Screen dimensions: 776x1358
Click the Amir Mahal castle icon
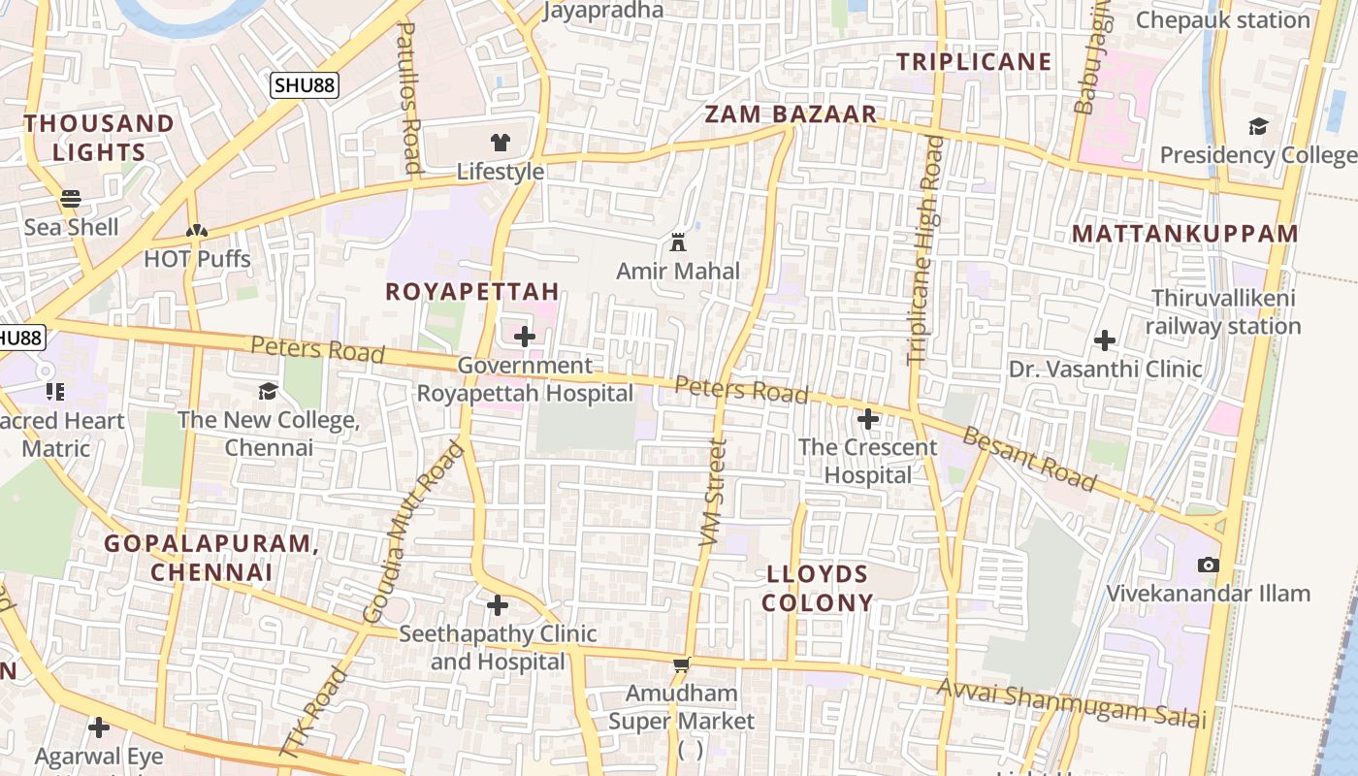tap(678, 242)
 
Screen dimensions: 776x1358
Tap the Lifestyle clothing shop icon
tap(500, 143)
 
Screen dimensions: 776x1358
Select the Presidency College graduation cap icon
tap(1258, 126)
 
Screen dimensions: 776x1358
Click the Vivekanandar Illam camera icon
tap(1208, 565)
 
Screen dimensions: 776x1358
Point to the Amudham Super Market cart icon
tap(682, 664)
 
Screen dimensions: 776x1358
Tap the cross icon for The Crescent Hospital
tap(868, 419)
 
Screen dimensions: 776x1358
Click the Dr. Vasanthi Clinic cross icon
tap(1104, 340)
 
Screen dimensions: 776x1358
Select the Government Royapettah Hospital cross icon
tap(525, 337)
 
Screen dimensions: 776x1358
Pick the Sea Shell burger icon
tap(71, 199)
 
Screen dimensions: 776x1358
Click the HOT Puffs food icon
tap(197, 231)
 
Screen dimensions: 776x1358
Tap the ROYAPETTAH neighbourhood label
tap(472, 291)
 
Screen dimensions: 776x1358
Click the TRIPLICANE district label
tap(974, 62)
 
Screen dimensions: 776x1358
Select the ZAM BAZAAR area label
tap(791, 114)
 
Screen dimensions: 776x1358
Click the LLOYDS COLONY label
tap(818, 588)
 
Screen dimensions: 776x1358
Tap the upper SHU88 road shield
tap(304, 85)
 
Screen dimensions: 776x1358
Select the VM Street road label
tap(713, 493)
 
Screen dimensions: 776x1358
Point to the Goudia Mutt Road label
tap(413, 533)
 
